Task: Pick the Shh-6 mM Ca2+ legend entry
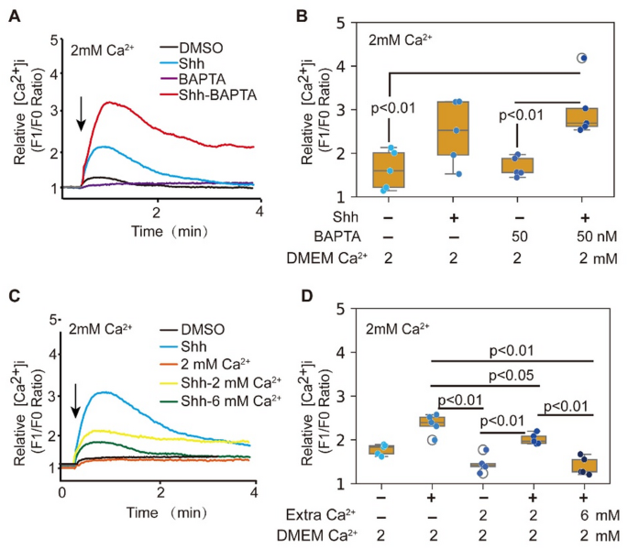click(234, 401)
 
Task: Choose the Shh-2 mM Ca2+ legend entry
click(234, 384)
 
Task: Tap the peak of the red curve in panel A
click(112, 103)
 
